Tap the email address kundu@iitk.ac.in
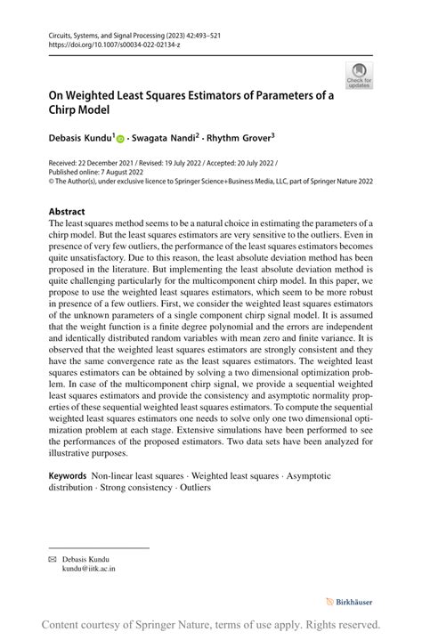(88, 566)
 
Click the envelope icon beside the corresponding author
(53, 556)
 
